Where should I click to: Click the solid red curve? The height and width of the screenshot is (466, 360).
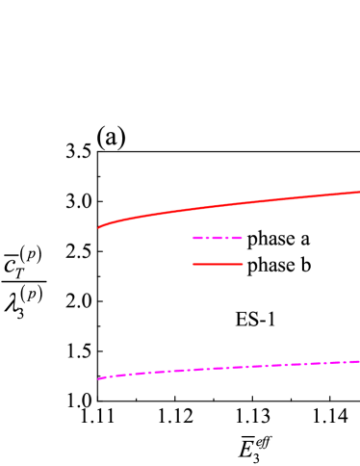(231, 204)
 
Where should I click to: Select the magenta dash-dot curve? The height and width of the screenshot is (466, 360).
(231, 367)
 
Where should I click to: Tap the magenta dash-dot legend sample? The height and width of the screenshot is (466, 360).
(218, 238)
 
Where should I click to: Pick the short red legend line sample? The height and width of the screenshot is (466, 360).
(218, 264)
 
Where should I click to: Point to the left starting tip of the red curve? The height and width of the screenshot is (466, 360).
(99, 227)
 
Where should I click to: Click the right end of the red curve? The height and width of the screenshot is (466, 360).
(358, 192)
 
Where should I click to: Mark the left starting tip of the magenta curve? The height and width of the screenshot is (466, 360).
(99, 378)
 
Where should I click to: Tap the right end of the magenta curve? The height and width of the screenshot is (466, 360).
(358, 361)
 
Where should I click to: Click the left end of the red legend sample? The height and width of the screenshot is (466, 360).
(193, 264)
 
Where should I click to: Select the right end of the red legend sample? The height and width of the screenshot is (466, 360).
(243, 264)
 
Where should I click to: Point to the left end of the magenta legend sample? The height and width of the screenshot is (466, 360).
(193, 238)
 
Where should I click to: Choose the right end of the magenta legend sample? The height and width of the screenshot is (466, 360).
(242, 238)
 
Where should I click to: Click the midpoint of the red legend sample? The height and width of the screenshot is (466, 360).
(218, 264)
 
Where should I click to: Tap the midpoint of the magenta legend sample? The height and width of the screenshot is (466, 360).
(218, 238)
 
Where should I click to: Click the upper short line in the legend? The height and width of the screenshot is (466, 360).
(218, 238)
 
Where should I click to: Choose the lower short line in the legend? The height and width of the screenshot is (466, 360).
(218, 264)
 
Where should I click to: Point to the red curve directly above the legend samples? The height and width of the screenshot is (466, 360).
(218, 206)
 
